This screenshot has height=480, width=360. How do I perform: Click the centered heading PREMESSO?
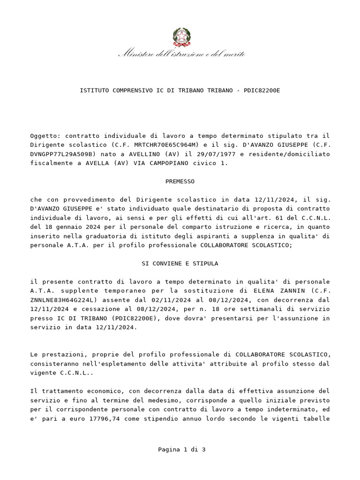point(180,181)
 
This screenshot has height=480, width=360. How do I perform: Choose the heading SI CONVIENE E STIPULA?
point(180,263)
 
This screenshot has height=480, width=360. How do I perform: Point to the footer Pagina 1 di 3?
point(182,450)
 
